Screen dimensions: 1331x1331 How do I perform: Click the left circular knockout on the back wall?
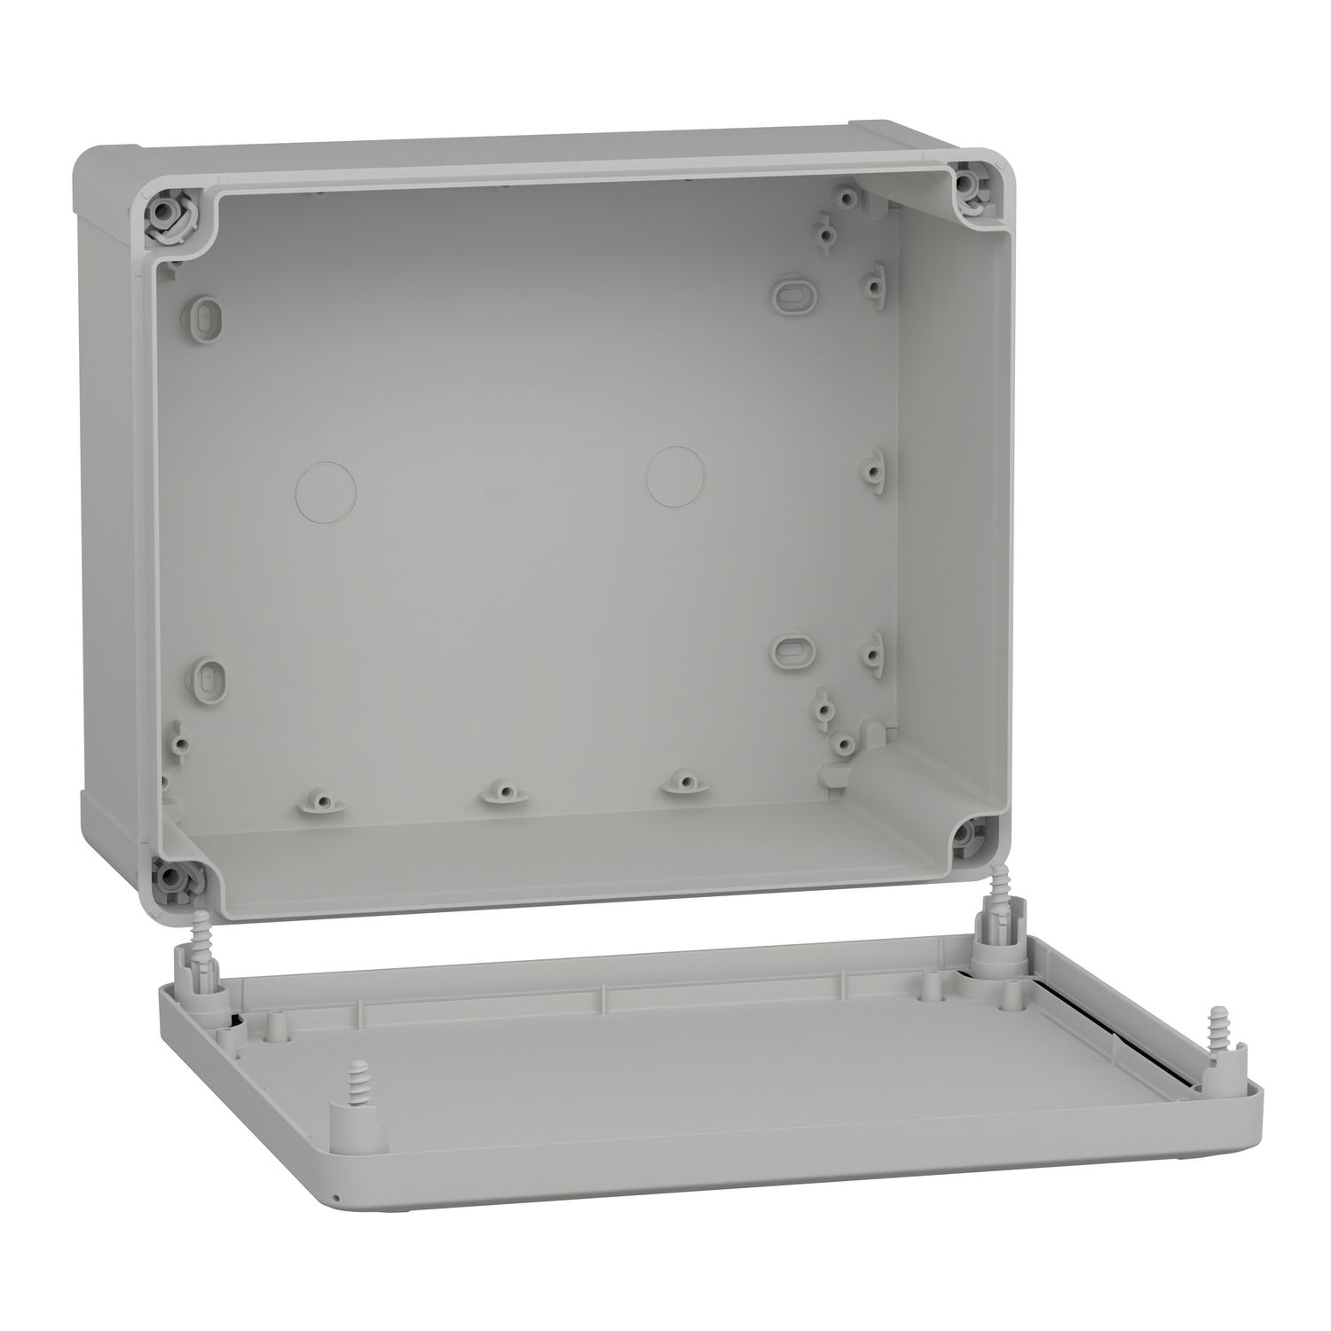point(325,489)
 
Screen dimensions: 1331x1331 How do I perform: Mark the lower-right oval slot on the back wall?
point(787,650)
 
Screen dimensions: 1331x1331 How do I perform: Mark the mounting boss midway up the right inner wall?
point(872,463)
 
